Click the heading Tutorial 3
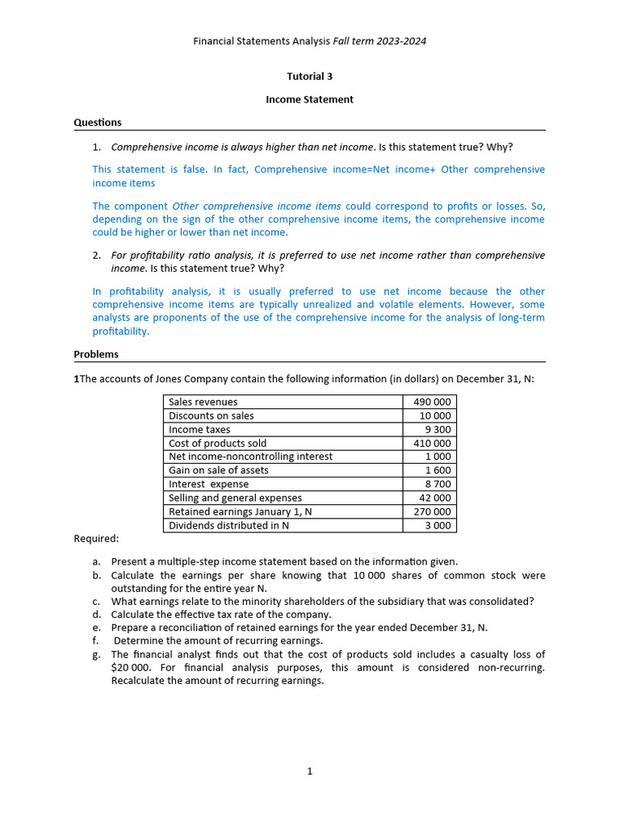[x=309, y=77]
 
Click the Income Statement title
[x=309, y=99]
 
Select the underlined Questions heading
[x=98, y=123]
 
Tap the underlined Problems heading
[x=96, y=354]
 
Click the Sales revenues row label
[x=203, y=402]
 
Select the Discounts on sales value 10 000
[x=435, y=415]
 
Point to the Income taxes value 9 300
[x=438, y=429]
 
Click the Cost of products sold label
[x=217, y=443]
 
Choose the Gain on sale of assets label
[x=219, y=470]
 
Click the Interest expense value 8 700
[x=438, y=484]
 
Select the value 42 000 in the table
[x=435, y=498]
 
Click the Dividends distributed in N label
[x=228, y=525]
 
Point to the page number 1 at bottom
[x=309, y=771]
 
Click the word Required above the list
[x=96, y=538]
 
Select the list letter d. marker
[x=96, y=614]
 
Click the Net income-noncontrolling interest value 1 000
[x=438, y=457]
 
